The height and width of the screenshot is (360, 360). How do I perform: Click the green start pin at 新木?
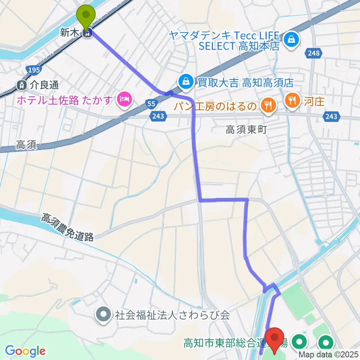point(86,16)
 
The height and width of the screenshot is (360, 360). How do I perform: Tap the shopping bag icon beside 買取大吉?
point(185,81)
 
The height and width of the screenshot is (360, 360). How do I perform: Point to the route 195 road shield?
point(33,70)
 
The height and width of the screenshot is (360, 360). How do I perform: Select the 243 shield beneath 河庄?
point(331,117)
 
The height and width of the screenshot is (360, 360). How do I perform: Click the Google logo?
point(25,351)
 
